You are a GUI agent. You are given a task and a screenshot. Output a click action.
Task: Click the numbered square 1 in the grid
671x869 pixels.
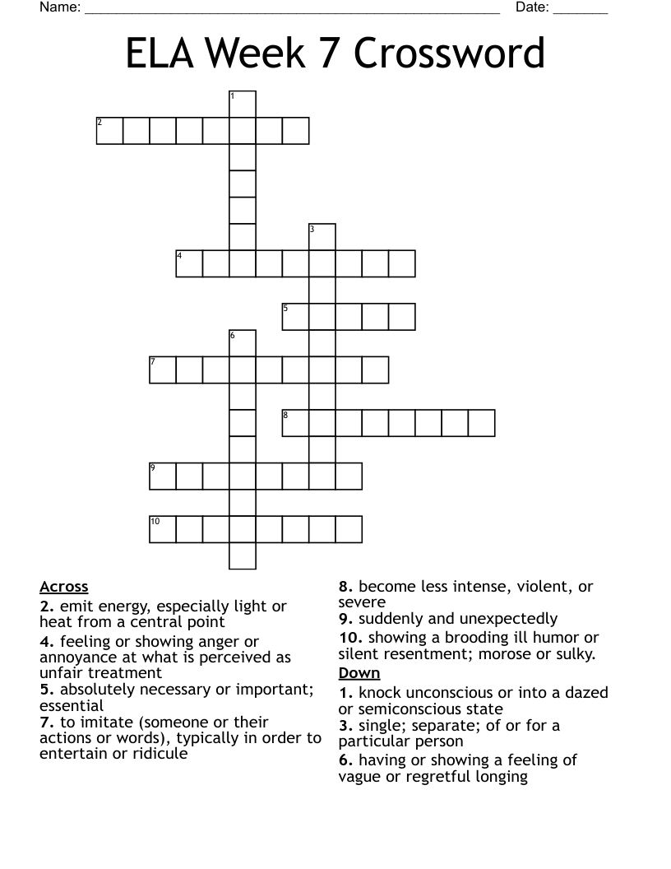coord(243,105)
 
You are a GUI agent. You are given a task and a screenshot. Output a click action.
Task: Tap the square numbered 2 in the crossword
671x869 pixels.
coord(109,131)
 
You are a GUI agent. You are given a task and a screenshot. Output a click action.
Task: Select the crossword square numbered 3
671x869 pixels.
coord(322,237)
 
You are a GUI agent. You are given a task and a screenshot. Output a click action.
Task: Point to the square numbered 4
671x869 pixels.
coord(189,263)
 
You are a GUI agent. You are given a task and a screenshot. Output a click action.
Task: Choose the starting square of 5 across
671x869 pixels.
coord(295,317)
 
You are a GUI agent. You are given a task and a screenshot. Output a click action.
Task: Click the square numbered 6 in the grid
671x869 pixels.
coord(243,343)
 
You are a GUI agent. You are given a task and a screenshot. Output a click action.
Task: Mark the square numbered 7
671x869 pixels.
coord(163,369)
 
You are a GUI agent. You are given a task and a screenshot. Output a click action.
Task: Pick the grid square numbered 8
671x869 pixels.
coord(295,423)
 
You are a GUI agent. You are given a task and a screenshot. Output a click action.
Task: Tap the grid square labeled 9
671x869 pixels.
coord(163,476)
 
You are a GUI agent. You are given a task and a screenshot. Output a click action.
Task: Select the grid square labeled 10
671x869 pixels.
coord(163,529)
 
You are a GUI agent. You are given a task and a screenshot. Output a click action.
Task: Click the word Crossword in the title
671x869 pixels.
coord(450,53)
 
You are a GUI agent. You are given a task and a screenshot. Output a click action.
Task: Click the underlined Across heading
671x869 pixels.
coord(63,587)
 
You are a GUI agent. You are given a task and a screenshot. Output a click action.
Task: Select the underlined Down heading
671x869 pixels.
coord(359,673)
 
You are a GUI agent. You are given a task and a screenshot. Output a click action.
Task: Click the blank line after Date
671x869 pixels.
coord(581,10)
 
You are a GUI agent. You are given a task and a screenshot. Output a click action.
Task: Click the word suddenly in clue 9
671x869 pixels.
coord(390,619)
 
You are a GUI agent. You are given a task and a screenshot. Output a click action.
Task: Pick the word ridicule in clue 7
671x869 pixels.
coord(159,754)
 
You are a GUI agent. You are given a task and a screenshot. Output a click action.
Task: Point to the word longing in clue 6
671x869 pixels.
coord(500,776)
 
